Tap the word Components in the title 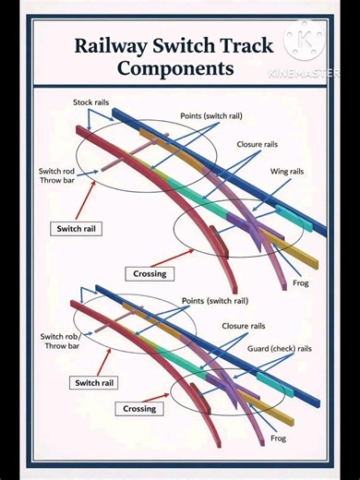point(175,67)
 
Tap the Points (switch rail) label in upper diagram point(214,117)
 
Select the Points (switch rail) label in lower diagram point(214,301)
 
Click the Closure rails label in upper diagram point(257,145)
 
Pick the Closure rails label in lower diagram point(243,326)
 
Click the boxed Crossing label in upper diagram point(150,273)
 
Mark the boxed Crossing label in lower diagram point(140,408)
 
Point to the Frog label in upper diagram point(301,282)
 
